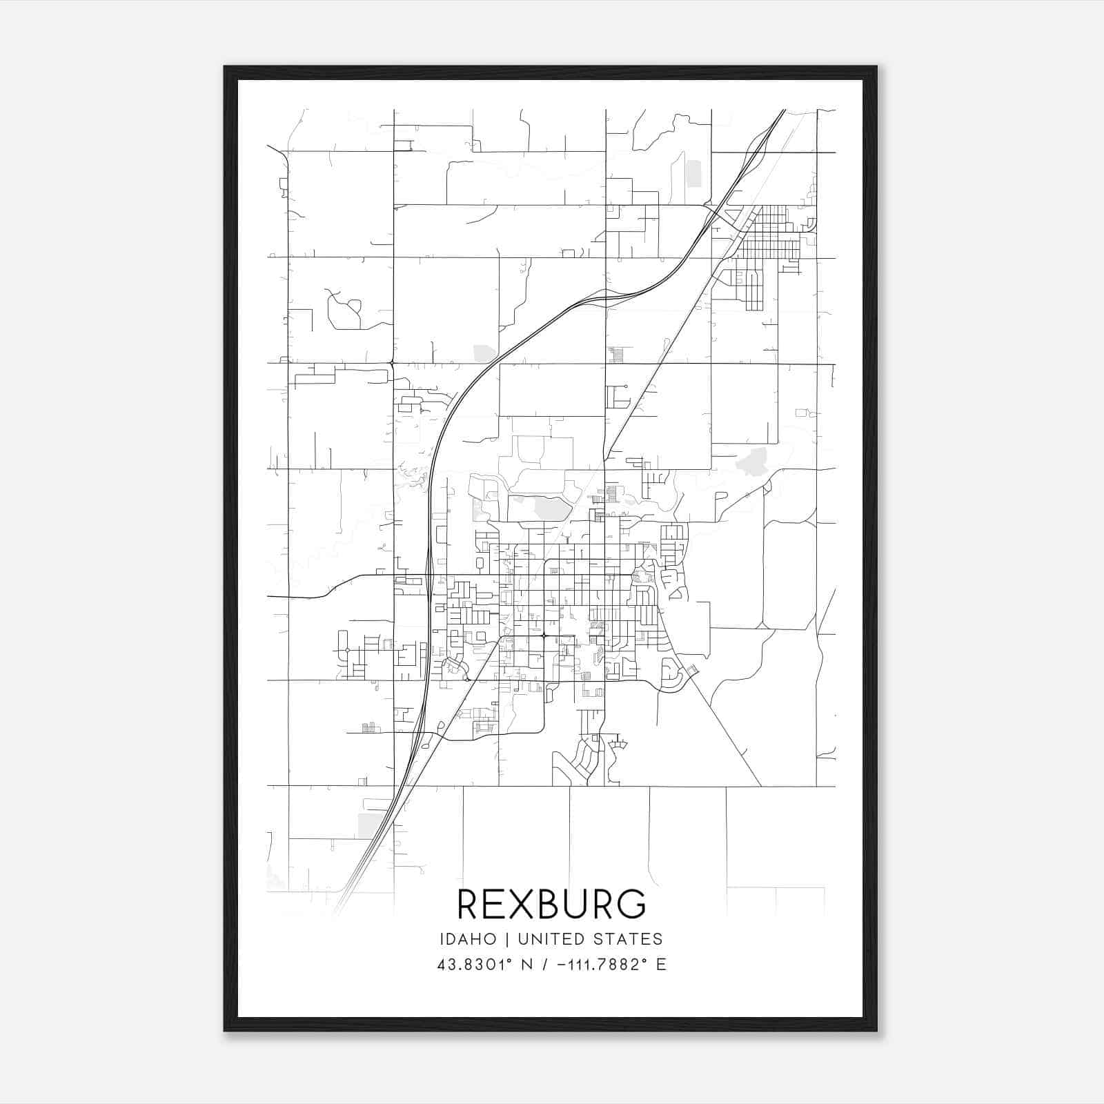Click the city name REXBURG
(551, 904)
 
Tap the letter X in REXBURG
(523, 904)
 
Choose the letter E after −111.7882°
(661, 965)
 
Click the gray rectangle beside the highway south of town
(372, 825)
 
